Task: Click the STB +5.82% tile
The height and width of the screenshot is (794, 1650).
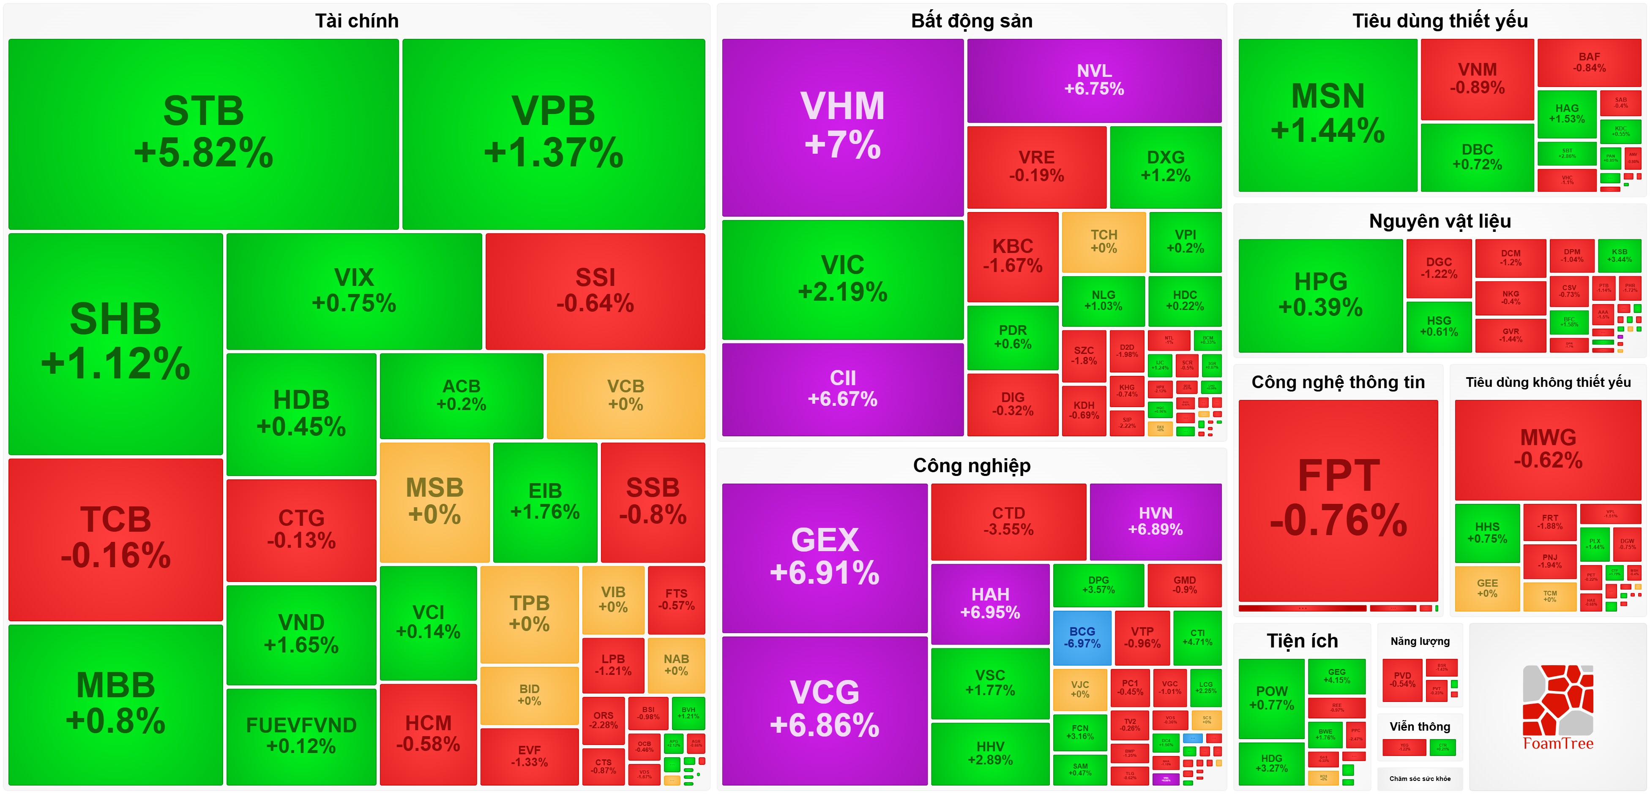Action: coord(204,133)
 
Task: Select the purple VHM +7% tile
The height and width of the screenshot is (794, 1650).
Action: coord(842,127)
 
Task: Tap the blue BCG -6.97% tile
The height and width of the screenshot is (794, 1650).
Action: coord(1082,638)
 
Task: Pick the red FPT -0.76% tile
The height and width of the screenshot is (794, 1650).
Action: coord(1338,500)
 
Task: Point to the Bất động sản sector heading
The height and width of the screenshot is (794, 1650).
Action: coord(972,21)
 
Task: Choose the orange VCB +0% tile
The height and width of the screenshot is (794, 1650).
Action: coord(626,395)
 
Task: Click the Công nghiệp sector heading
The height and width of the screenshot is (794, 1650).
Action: coord(972,465)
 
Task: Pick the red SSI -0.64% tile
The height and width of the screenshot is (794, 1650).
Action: coord(595,291)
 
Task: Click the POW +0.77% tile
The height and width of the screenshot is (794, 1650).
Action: coord(1271,698)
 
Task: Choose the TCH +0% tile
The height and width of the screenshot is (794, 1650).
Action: coord(1104,242)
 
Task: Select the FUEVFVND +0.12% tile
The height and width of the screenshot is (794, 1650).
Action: coord(301,736)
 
